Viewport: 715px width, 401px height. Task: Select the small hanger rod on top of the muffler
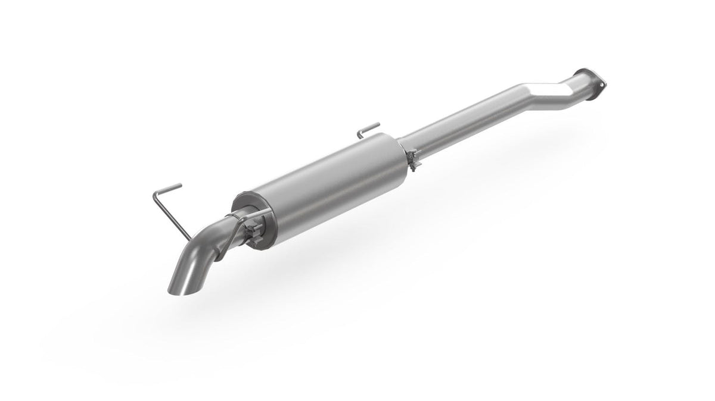click(369, 127)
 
